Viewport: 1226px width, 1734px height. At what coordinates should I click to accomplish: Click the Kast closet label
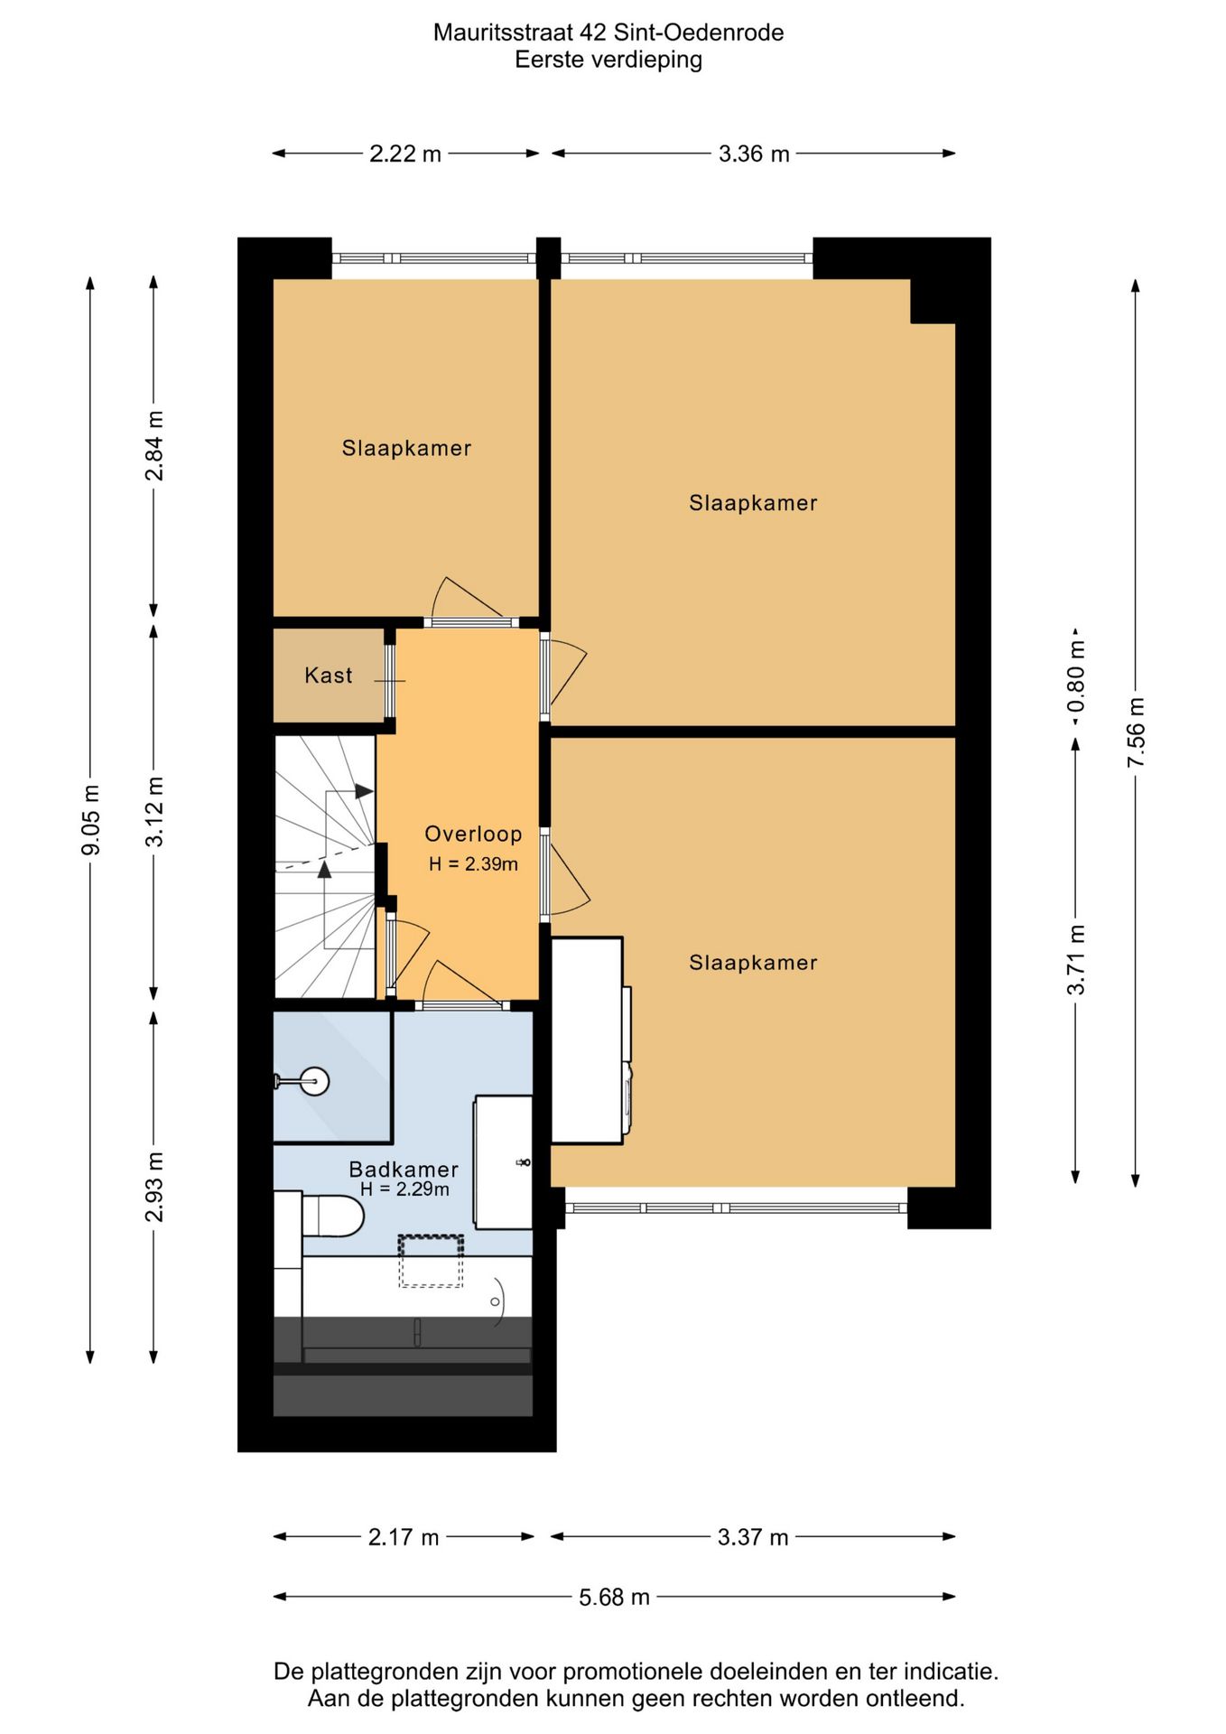coord(328,675)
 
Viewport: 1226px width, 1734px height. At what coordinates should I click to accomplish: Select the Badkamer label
coord(404,1169)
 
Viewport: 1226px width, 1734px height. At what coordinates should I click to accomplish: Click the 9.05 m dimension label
coord(90,819)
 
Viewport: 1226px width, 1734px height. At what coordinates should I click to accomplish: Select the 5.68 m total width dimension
coord(614,1597)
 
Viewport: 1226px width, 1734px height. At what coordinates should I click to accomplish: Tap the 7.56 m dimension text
coord(1136,732)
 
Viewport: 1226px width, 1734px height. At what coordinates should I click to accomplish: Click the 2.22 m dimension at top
coord(405,154)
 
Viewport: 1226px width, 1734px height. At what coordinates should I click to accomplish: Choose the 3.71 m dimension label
coord(1075,960)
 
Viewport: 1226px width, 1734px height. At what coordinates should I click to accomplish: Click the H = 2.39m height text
coord(473,864)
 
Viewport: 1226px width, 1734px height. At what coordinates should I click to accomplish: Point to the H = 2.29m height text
coord(404,1189)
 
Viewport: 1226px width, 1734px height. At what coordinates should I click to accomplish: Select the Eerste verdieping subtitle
coord(608,60)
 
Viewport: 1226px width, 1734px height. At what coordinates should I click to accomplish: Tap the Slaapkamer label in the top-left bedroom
coord(406,448)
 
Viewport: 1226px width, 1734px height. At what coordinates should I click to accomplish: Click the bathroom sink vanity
coord(503,1162)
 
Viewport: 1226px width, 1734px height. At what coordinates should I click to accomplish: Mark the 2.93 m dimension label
coord(154,1187)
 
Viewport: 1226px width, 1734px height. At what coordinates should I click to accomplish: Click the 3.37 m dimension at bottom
coord(753,1537)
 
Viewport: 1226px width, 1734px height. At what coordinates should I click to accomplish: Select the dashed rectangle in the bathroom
coord(431,1261)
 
